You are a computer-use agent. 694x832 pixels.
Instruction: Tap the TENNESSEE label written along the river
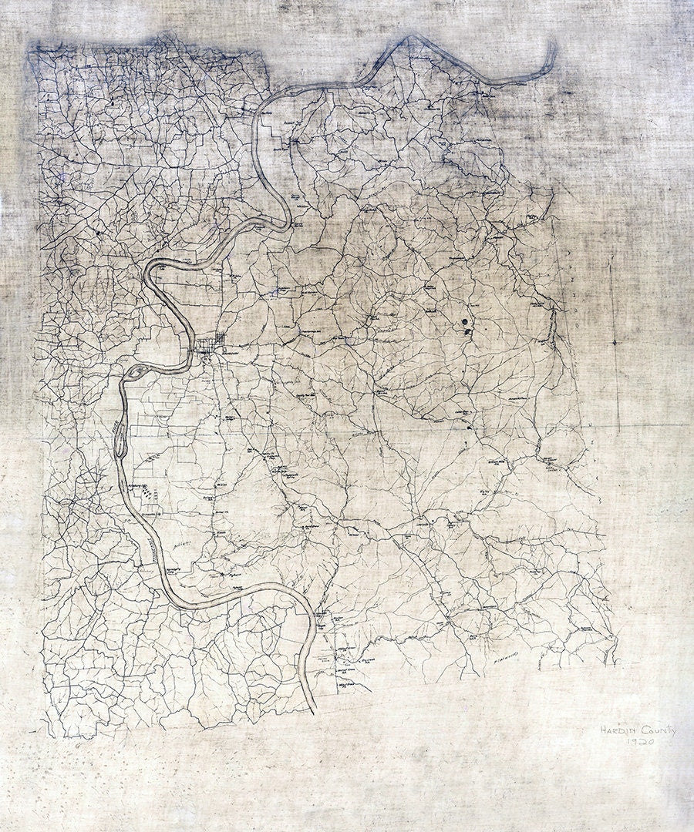146,551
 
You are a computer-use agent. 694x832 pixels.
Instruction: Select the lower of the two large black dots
468,332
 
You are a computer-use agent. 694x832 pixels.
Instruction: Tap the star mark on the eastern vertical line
614,341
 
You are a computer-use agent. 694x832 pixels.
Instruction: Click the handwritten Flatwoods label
502,656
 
